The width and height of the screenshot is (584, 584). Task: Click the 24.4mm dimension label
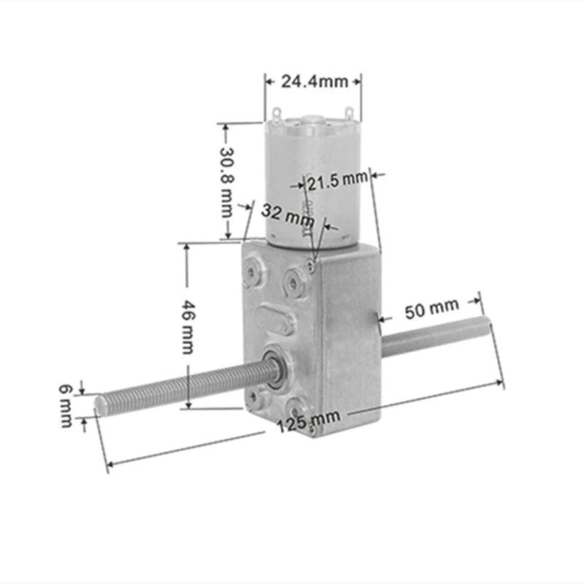pyautogui.click(x=312, y=81)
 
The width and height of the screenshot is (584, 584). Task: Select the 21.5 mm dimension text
pyautogui.click(x=337, y=179)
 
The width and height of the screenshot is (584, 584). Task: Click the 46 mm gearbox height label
pyautogui.click(x=188, y=326)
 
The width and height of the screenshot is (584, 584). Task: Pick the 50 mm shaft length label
pyautogui.click(x=431, y=310)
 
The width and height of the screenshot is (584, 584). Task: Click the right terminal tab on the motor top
pyautogui.click(x=350, y=113)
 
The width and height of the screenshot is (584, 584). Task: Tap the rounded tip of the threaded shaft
pyautogui.click(x=100, y=401)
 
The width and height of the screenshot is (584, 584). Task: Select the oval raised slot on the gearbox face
pyautogui.click(x=275, y=320)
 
